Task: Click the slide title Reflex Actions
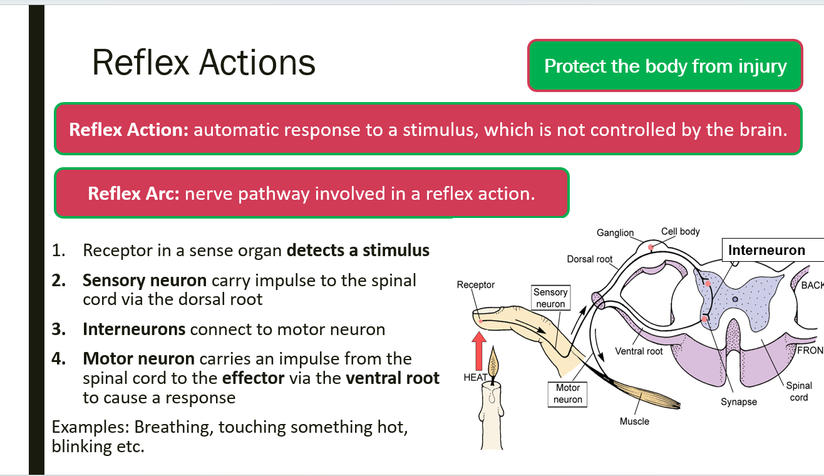(203, 63)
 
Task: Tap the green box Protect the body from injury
(665, 66)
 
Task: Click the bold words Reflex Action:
(128, 130)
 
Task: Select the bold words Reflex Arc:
(133, 194)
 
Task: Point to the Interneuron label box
(773, 250)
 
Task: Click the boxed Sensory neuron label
(550, 297)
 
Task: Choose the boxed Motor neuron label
(568, 394)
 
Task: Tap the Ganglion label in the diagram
(615, 233)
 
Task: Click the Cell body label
(680, 231)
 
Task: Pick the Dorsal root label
(589, 259)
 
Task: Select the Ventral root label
(639, 351)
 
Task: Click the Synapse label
(739, 401)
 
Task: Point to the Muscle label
(634, 421)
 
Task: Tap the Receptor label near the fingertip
(476, 285)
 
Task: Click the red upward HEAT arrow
(478, 351)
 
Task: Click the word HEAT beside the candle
(475, 378)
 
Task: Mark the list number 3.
(58, 329)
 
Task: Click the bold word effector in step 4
(253, 378)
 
